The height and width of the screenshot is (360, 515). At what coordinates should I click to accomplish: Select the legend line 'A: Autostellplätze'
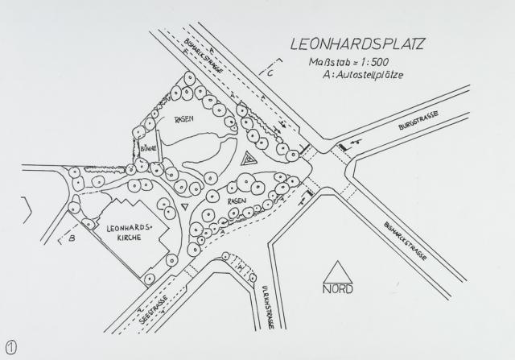361,75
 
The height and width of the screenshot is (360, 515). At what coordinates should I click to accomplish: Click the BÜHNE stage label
147,149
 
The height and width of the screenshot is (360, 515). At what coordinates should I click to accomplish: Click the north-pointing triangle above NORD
339,272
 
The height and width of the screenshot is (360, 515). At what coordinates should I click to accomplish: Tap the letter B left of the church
72,238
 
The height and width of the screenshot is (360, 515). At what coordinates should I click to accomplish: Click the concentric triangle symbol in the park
250,159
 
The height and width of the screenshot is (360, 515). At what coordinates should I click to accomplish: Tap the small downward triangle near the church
186,207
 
